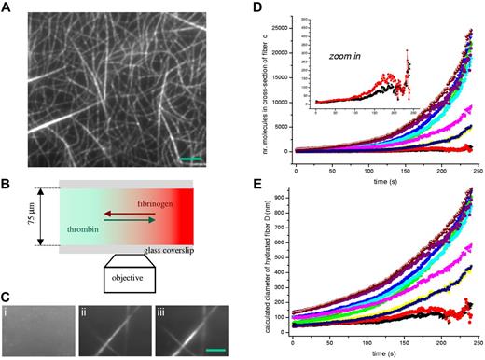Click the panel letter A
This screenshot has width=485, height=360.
[7, 7]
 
